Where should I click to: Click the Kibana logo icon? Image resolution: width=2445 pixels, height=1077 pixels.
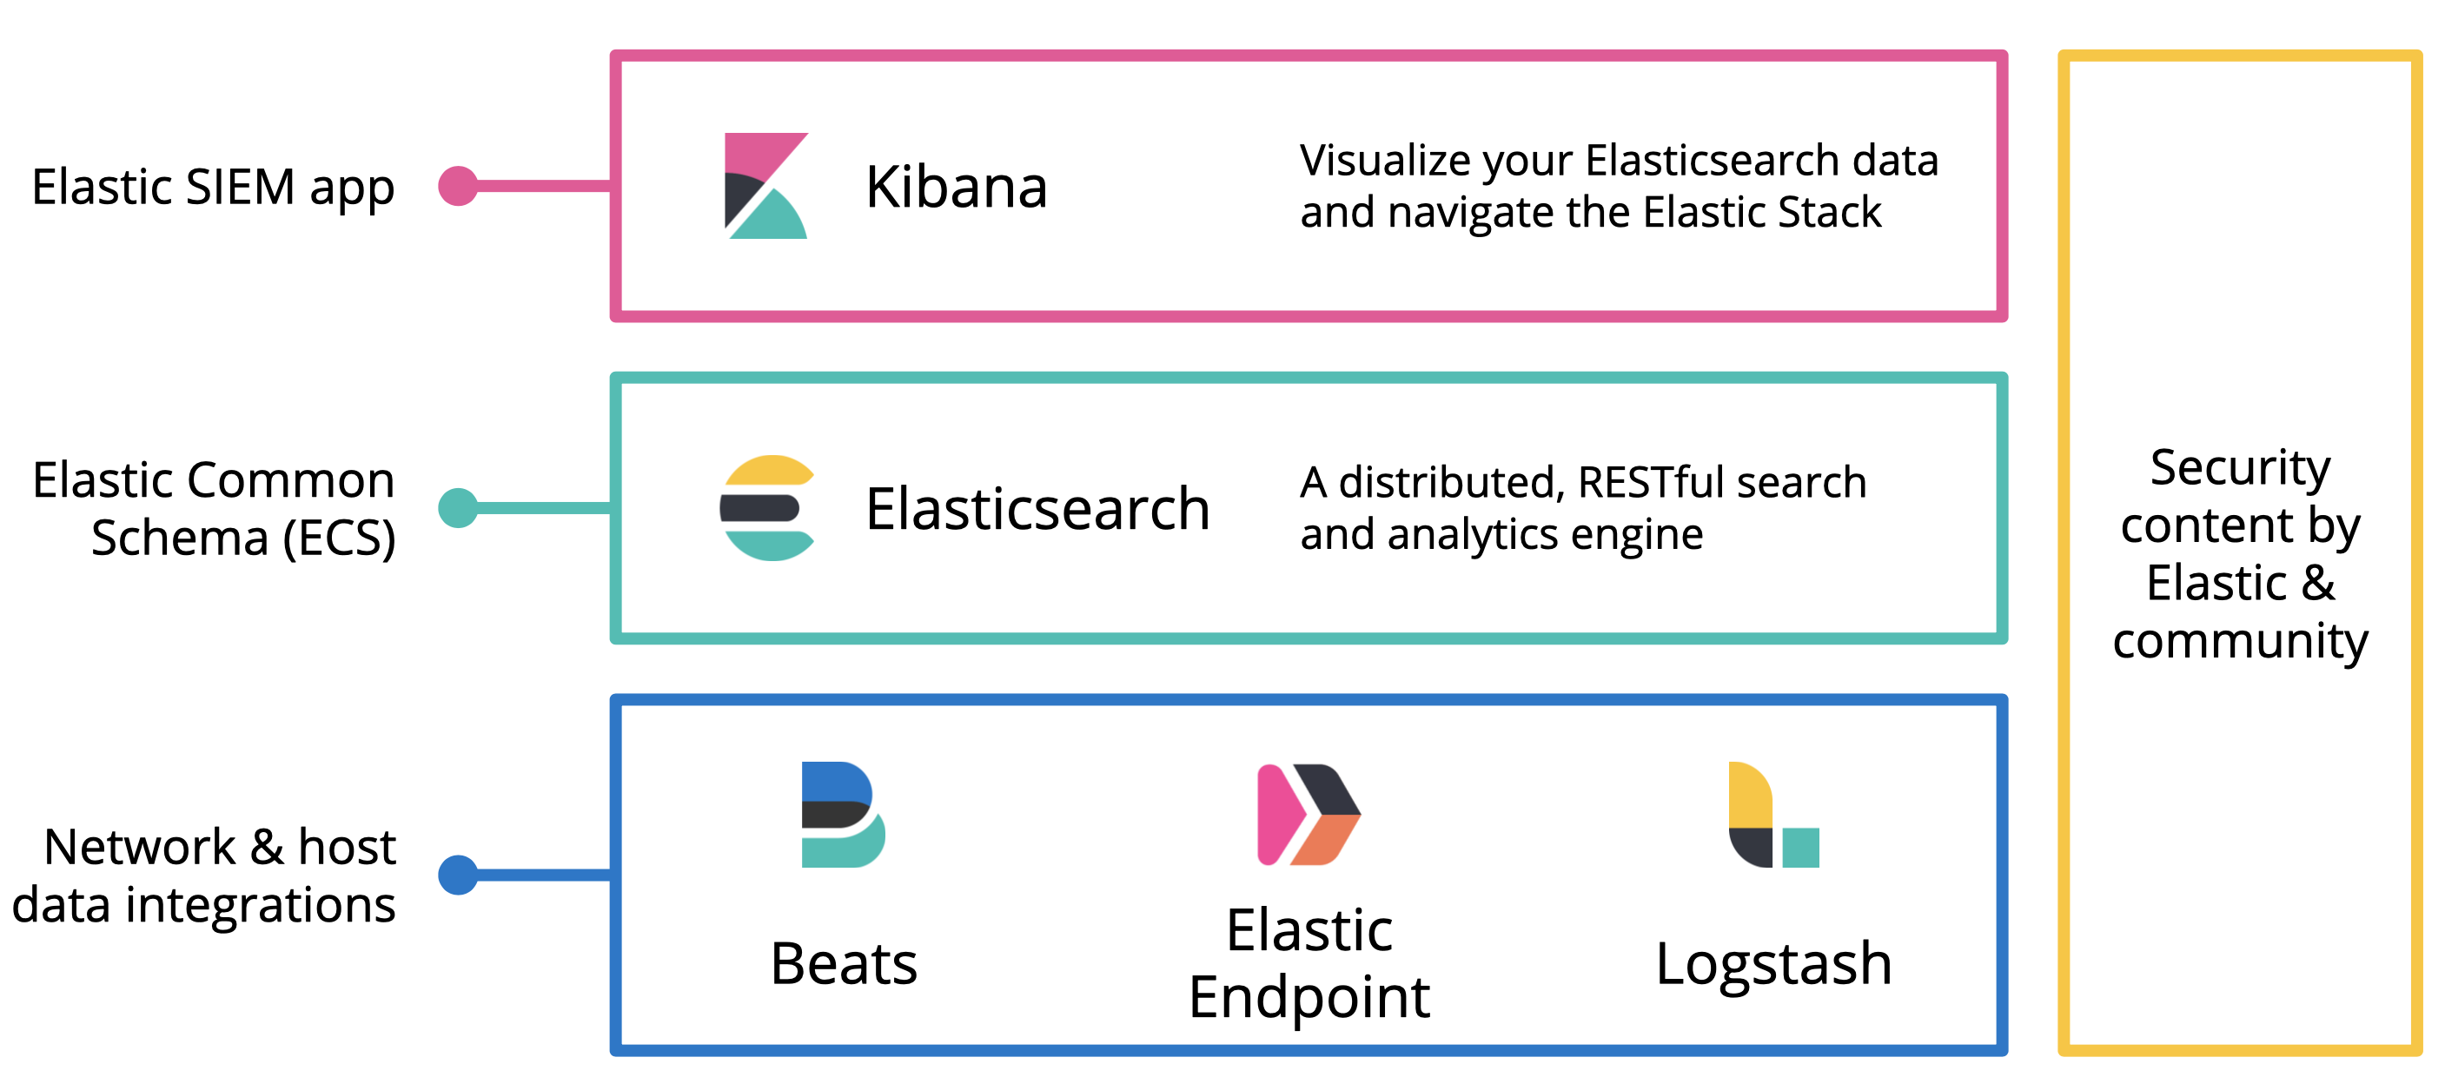click(x=765, y=186)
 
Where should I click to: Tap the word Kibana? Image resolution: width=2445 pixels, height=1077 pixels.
click(x=956, y=187)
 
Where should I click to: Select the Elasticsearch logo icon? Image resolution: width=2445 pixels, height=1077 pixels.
click(x=767, y=507)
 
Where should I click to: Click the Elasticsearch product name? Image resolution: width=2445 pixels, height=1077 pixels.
click(x=1037, y=509)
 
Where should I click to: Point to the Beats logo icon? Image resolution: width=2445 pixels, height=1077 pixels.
click(x=842, y=814)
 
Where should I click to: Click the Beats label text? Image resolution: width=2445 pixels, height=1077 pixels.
click(x=844, y=964)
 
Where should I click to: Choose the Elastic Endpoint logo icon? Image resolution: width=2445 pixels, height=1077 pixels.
click(x=1308, y=814)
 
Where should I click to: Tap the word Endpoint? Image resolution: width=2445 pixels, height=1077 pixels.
click(x=1308, y=998)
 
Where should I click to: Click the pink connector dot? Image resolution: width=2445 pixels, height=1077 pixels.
click(x=459, y=186)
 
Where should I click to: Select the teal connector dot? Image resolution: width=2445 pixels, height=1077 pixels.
click(x=459, y=507)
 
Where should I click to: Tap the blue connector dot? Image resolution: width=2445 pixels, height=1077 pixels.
click(x=459, y=875)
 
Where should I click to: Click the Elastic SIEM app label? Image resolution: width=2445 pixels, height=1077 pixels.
click(x=213, y=187)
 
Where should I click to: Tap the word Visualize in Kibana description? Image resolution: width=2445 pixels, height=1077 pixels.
click(x=1387, y=161)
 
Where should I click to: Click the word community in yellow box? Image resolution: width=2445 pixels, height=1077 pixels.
click(x=2239, y=642)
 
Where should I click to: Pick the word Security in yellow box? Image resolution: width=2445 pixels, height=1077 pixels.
click(x=2239, y=467)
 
